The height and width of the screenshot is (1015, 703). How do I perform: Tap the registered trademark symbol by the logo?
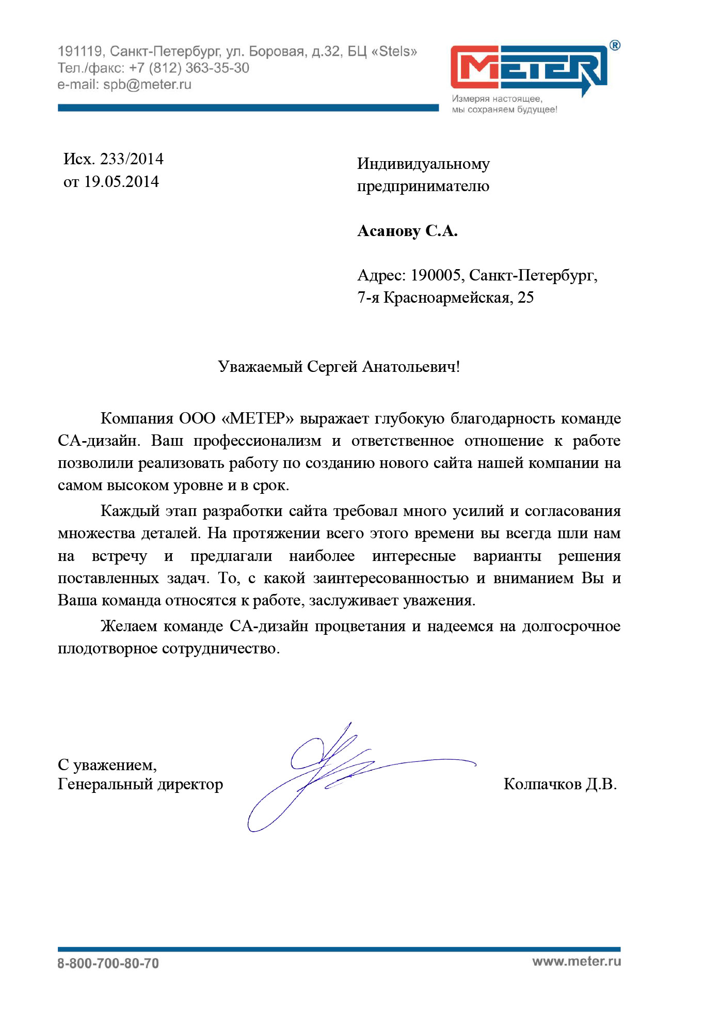(x=615, y=45)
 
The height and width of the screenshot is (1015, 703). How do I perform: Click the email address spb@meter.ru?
(x=147, y=84)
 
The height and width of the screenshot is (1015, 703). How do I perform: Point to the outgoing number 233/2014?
(x=132, y=159)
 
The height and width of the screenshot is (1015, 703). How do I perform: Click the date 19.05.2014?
(x=121, y=181)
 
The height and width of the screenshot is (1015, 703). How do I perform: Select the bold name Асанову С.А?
(x=407, y=231)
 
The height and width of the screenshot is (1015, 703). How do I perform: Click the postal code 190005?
(x=435, y=275)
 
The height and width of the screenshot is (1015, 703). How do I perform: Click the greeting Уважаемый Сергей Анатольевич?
(x=339, y=367)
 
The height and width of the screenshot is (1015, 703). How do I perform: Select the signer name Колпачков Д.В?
(x=560, y=784)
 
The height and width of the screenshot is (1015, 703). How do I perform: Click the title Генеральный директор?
(x=140, y=784)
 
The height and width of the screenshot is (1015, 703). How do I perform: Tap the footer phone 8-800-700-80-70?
(x=108, y=963)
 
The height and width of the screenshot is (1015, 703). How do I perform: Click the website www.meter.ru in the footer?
(x=577, y=961)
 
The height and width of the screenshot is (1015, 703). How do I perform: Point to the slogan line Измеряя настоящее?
(x=497, y=99)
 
